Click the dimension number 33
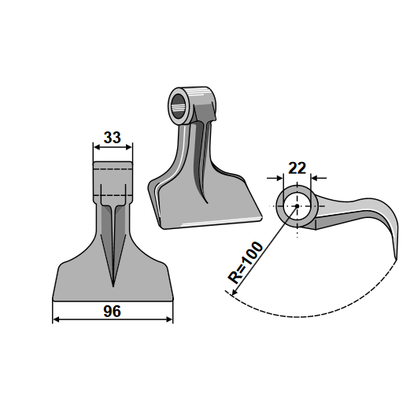pos(113,138)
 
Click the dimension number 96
pos(113,312)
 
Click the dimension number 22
pos(297,168)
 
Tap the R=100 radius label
pos(246,263)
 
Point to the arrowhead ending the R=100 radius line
pos(235,291)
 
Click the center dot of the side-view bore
pos(297,206)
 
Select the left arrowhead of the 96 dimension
pos(57,320)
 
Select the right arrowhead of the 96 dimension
pos(169,320)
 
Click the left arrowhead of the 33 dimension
pos(97,147)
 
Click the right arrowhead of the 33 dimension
pos(128,147)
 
